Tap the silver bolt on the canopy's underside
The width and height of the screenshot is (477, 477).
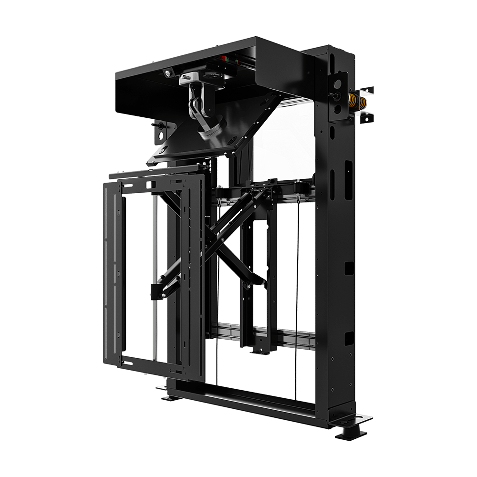coord(168,72)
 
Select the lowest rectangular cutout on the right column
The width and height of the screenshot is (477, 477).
coord(349,338)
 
